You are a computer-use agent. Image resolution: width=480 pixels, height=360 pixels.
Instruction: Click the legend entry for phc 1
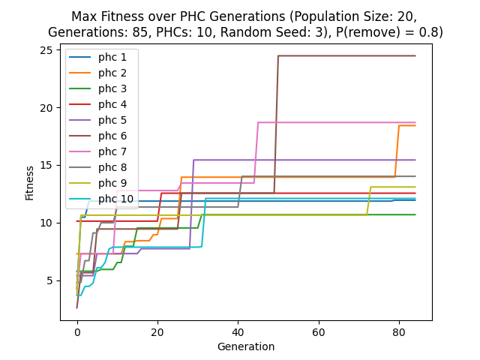112,57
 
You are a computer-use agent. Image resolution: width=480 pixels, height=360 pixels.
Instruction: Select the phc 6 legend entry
112,136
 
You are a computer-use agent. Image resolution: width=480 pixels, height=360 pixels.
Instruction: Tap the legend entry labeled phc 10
115,199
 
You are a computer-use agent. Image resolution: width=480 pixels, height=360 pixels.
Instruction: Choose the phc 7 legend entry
112,151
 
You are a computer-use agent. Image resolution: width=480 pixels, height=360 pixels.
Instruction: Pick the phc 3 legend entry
112,88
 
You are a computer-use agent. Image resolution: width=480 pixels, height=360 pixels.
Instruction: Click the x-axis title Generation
246,346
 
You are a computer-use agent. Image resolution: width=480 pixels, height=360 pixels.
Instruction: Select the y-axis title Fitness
30,182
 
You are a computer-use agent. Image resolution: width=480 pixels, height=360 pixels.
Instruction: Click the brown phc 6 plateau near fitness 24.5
345,55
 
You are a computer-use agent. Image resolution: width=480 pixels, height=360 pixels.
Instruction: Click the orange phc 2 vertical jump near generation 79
397,150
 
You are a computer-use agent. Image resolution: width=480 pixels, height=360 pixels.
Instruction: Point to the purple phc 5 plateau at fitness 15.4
300,160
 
